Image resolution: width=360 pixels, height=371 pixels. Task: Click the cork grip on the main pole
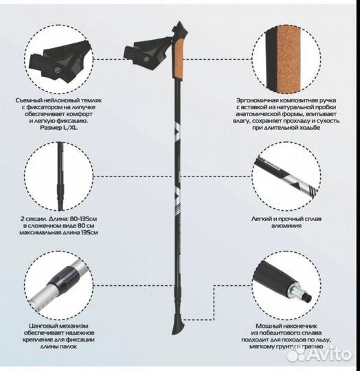tap(178, 58)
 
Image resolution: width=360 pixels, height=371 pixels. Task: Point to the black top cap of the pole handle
tap(180, 30)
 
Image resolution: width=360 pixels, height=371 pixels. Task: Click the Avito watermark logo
tap(319, 355)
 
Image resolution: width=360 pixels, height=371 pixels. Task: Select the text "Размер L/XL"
tap(59, 128)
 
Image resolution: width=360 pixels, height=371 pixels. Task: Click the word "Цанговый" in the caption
tap(43, 326)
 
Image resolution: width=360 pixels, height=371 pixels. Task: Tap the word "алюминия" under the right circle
tap(286, 226)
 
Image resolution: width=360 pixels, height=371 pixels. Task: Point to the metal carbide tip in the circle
tap(300, 293)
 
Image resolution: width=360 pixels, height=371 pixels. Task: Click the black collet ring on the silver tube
tap(63, 277)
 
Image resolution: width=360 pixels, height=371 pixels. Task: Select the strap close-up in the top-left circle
tap(60, 61)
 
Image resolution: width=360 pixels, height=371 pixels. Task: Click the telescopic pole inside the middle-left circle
tap(60, 176)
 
